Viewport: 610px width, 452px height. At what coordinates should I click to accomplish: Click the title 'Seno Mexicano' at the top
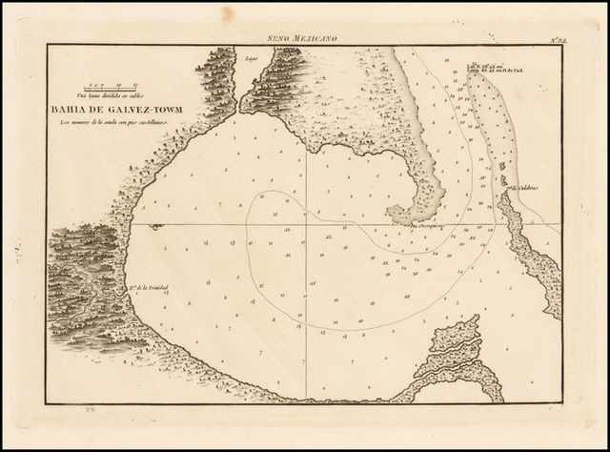(304, 38)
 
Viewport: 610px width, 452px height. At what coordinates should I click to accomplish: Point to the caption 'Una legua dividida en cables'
(112, 97)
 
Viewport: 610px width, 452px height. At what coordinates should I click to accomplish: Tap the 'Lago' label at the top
(254, 56)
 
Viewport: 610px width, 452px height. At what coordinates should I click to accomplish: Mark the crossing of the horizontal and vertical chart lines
(304, 225)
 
